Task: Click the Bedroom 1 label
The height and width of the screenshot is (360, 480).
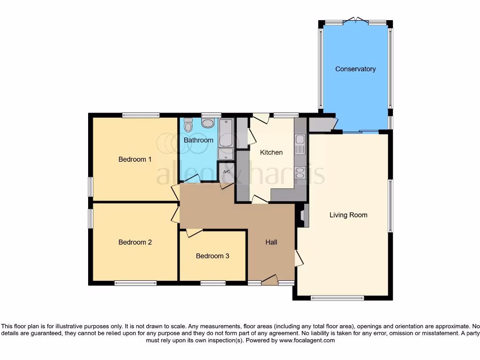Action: coord(135,159)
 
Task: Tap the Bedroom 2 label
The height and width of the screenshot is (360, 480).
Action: coord(135,242)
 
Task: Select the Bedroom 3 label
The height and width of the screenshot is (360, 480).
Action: coord(212,256)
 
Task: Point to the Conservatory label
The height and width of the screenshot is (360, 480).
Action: coord(355,69)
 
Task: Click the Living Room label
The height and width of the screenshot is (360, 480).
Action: coord(348,215)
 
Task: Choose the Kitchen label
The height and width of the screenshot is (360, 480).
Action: coord(271,152)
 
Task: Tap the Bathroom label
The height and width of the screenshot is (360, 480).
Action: coord(198,140)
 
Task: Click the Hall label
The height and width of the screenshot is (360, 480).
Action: coord(271,242)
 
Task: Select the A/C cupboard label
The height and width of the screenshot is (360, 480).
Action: coord(226,172)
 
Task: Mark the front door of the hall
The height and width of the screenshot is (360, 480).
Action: coord(270,280)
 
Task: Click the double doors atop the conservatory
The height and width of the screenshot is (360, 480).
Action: coord(356,20)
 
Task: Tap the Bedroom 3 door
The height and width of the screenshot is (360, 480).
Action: coord(194,232)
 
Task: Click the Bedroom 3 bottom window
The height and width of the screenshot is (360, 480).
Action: coord(213,283)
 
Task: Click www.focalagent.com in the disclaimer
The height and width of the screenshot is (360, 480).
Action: coord(307,341)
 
